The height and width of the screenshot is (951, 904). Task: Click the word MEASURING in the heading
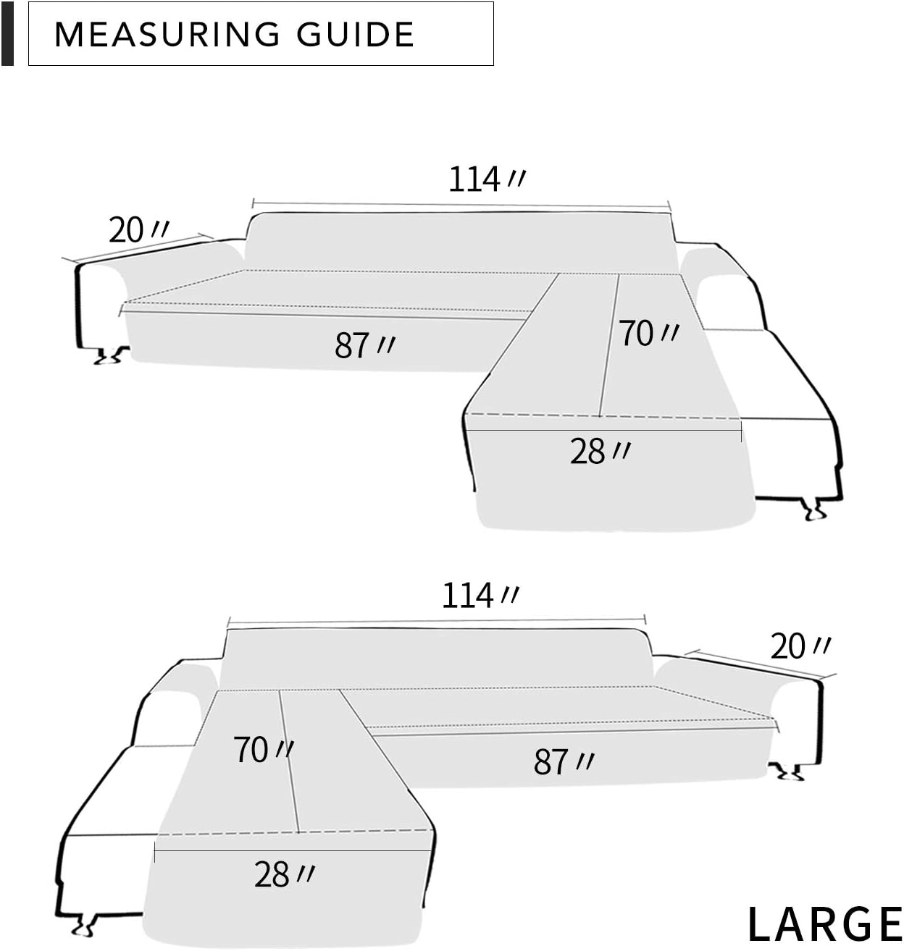point(167,34)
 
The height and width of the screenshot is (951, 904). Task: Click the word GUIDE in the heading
point(355,34)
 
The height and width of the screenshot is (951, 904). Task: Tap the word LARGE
point(825,924)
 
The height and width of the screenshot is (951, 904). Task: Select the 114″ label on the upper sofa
point(487,179)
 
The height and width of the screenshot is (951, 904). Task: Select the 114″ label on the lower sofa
point(480,595)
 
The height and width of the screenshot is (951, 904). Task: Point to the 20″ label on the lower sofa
point(800,646)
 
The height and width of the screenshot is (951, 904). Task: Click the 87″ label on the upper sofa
point(364,345)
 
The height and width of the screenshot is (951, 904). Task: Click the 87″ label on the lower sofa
point(564,762)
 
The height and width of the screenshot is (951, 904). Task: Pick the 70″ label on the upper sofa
point(649,334)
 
